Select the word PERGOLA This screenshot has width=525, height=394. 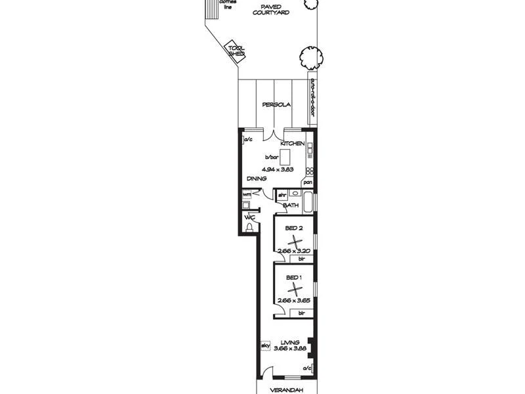pyautogui.click(x=276, y=104)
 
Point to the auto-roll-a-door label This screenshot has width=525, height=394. pyautogui.click(x=313, y=97)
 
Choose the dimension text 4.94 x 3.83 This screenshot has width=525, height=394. pyautogui.click(x=277, y=169)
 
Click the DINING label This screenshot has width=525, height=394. pyautogui.click(x=256, y=179)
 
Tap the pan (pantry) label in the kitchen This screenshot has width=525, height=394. pyautogui.click(x=307, y=182)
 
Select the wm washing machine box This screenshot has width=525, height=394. pyautogui.click(x=247, y=195)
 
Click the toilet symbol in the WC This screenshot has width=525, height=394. pyautogui.click(x=249, y=227)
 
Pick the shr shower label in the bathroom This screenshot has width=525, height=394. pyautogui.click(x=282, y=195)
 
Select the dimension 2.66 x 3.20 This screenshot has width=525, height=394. pyautogui.click(x=293, y=251)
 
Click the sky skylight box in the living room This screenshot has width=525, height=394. pyautogui.click(x=266, y=345)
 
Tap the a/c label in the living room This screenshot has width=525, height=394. pyautogui.click(x=306, y=368)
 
